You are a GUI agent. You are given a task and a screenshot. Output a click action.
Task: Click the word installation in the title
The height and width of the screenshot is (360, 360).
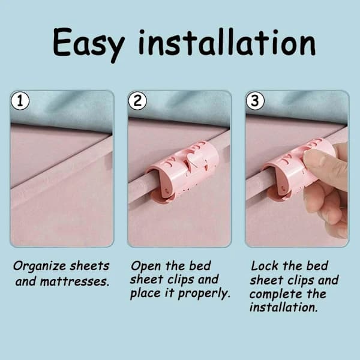tap(227, 43)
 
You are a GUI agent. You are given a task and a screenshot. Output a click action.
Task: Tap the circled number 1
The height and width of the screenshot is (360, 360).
tap(20, 101)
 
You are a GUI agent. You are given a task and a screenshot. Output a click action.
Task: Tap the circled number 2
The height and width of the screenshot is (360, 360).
tap(137, 101)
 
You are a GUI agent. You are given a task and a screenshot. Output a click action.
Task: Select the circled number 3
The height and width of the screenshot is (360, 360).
tap(255, 101)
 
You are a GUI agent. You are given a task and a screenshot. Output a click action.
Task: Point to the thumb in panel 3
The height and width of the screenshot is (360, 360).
tap(324, 166)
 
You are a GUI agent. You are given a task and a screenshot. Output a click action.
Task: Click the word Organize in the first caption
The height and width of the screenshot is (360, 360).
tap(40, 266)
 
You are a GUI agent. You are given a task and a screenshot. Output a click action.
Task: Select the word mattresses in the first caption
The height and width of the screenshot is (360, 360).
tap(74, 281)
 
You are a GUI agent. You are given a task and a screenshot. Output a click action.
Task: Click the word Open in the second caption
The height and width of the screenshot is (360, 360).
tap(146, 267)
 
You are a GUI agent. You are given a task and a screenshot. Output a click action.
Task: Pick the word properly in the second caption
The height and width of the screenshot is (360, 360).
tap(204, 294)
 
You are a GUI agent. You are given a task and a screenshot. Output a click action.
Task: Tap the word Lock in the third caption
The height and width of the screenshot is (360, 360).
tap(265, 266)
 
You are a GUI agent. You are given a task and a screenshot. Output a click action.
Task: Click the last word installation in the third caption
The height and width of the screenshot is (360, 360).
tap(284, 308)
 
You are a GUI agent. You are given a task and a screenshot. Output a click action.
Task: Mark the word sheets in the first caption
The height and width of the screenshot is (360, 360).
tap(89, 266)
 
